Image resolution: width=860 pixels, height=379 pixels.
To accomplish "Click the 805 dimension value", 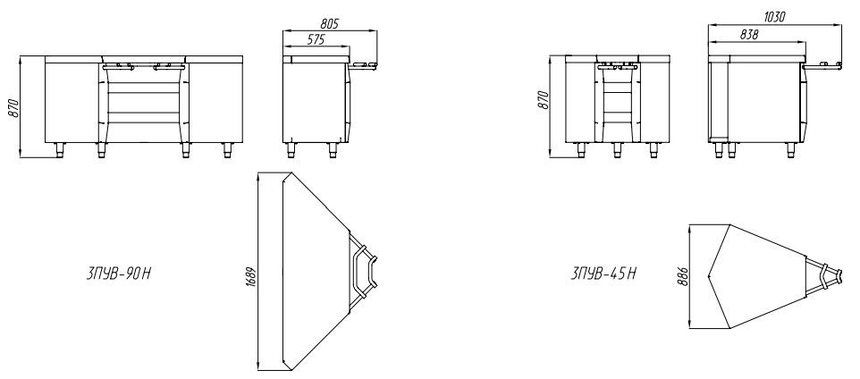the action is pyautogui.click(x=330, y=23).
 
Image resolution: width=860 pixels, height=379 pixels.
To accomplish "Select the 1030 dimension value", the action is pyautogui.click(x=774, y=17).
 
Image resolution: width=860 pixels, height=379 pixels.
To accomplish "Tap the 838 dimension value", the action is pyautogui.click(x=748, y=34).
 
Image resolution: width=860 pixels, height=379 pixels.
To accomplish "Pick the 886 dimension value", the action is pyautogui.click(x=682, y=276).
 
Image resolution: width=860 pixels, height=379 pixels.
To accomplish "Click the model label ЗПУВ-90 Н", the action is pyautogui.click(x=118, y=274).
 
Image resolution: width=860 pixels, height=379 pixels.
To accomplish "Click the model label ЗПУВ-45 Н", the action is pyautogui.click(x=603, y=274).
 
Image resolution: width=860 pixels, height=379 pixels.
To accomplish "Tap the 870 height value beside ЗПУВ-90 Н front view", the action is pyautogui.click(x=13, y=107).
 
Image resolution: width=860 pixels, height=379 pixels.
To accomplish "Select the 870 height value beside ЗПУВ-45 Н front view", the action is pyautogui.click(x=544, y=100).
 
